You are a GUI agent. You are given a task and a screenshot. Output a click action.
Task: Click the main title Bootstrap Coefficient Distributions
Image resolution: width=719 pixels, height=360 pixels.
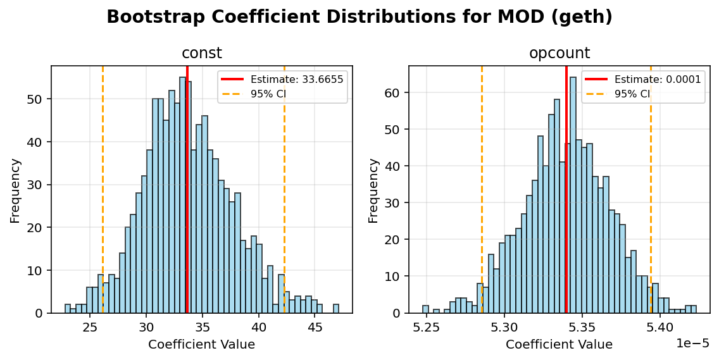[359, 17]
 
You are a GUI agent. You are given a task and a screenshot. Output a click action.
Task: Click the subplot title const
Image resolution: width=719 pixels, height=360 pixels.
[201, 53]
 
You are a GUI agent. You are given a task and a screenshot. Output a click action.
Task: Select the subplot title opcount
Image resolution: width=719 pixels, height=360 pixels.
[559, 53]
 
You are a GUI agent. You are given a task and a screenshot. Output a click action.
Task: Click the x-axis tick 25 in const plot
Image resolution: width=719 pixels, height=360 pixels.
[90, 327]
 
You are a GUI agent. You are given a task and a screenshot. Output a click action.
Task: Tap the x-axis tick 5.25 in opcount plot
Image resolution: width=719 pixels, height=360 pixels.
[427, 327]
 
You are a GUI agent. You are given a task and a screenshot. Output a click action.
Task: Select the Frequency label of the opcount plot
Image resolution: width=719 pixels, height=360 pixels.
[373, 190]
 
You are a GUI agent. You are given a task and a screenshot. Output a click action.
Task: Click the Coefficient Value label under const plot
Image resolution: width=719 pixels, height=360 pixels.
[201, 345]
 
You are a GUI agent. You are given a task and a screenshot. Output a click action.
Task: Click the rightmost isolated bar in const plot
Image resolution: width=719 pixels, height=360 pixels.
[336, 309]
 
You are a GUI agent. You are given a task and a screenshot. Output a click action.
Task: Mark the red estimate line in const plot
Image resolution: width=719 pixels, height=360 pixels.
[187, 190]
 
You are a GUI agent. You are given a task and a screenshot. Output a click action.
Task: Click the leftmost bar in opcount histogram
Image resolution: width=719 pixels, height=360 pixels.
[425, 309]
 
